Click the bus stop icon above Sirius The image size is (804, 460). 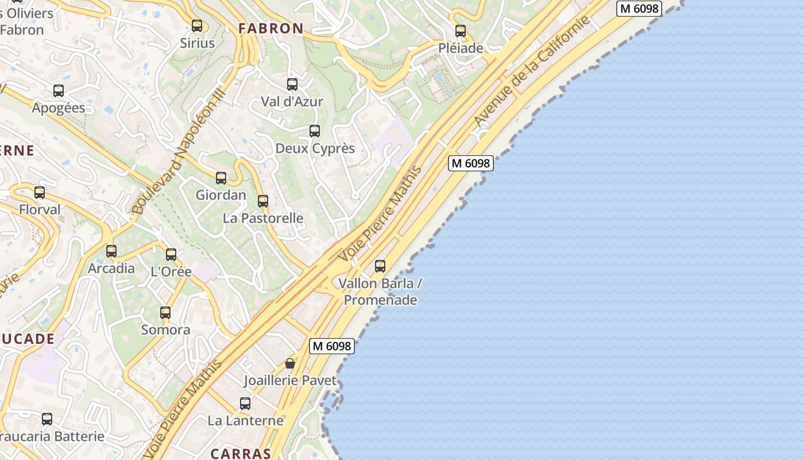point(197,26)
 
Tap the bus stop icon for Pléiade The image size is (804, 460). point(461,31)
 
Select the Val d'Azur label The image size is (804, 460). point(292,102)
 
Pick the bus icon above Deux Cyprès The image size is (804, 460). point(315,131)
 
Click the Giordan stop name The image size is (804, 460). point(221,195)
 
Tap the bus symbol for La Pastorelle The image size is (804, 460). point(263,201)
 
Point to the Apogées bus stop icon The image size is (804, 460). point(59,91)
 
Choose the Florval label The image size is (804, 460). point(40,209)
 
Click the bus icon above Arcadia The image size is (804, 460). point(111,251)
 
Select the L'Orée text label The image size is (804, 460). point(171,271)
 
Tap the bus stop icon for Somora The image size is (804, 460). point(165,313)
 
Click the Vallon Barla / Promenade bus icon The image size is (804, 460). point(380,266)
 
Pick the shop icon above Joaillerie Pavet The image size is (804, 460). point(290,363)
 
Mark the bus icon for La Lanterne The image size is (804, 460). point(245,404)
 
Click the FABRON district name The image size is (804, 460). point(271,28)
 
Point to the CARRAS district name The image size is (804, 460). point(241,453)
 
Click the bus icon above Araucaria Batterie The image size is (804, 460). point(47,419)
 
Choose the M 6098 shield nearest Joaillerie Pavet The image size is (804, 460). point(332,346)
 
